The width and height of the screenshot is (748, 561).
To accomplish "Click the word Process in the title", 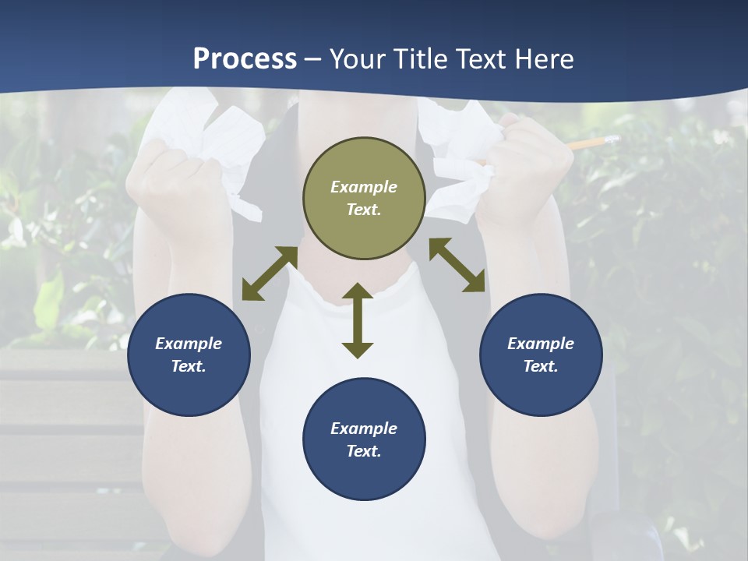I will [x=245, y=59].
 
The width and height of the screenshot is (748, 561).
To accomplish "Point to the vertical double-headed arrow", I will [x=358, y=321].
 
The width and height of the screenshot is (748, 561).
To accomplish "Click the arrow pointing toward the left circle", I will [x=270, y=273].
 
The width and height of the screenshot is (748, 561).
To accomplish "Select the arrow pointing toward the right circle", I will [x=457, y=266].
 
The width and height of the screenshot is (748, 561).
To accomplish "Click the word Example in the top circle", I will [x=364, y=187].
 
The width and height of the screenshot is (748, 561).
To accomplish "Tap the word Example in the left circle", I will [x=189, y=344].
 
